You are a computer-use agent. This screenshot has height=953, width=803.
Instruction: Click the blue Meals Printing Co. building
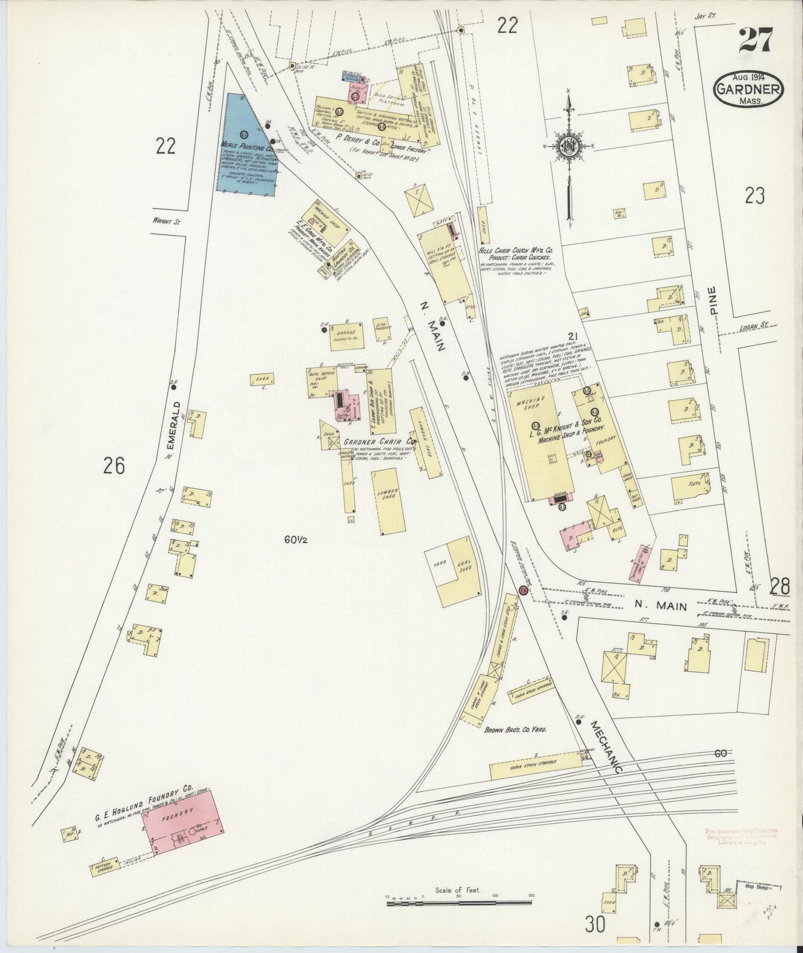click(x=245, y=147)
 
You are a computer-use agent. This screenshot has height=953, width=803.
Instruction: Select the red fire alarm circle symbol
click(x=523, y=590)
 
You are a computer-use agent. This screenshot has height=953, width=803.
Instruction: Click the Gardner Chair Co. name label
click(x=372, y=442)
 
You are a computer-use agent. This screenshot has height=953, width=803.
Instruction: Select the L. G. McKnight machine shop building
click(x=536, y=439)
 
